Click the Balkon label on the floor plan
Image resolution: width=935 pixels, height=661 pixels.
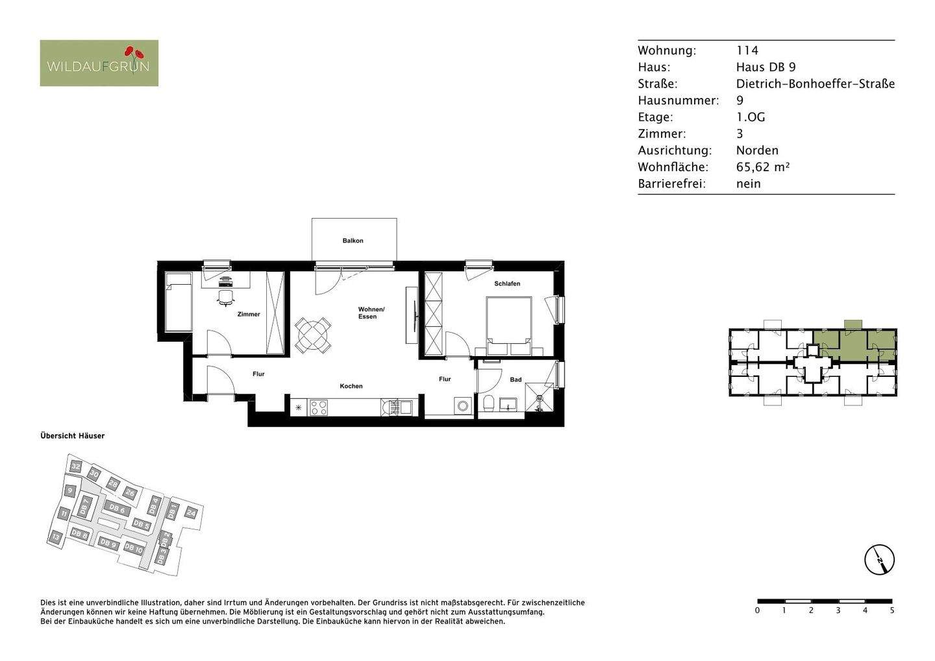(x=353, y=241)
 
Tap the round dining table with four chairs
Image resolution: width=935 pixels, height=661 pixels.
(x=313, y=335)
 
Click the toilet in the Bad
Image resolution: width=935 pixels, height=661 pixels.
(x=489, y=405)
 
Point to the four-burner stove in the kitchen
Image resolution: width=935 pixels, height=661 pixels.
(x=318, y=408)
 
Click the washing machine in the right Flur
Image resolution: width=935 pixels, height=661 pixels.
(x=462, y=406)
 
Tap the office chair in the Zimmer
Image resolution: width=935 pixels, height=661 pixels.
(x=225, y=297)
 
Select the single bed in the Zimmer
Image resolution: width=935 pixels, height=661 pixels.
(x=178, y=302)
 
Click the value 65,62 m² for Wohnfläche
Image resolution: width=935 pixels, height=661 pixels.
(x=762, y=167)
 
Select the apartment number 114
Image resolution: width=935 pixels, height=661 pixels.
(x=747, y=51)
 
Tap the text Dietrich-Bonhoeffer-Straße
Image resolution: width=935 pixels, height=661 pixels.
(x=815, y=84)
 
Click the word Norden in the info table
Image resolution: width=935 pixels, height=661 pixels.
(x=756, y=150)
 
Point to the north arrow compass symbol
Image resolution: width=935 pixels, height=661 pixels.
(x=879, y=559)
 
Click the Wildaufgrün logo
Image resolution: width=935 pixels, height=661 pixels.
(x=99, y=64)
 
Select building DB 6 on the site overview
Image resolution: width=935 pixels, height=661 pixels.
(x=117, y=509)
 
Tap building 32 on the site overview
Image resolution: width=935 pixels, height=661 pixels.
(x=76, y=466)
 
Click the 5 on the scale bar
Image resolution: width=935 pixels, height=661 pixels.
(x=891, y=610)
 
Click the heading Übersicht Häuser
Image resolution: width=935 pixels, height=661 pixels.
(x=72, y=436)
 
